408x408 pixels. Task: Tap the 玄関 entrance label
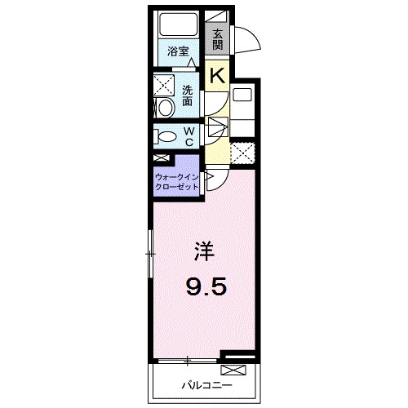coord(218,38)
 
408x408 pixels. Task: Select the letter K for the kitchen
coord(218,77)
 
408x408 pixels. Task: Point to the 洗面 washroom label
coord(188,95)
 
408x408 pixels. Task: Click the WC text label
coord(188,136)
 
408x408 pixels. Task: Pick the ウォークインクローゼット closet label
coord(177,181)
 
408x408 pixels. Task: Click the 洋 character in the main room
coord(204,252)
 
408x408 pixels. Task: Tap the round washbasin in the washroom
coord(163,107)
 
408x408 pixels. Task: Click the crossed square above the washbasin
coord(164,85)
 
